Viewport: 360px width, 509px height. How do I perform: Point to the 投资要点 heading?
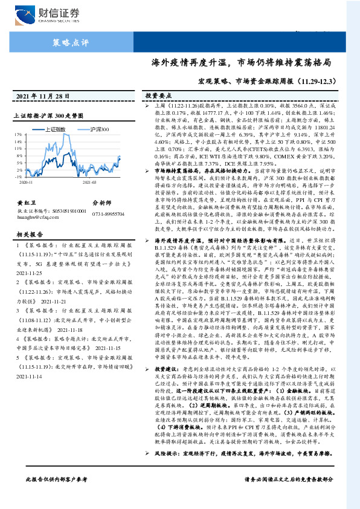(x=156, y=96)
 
